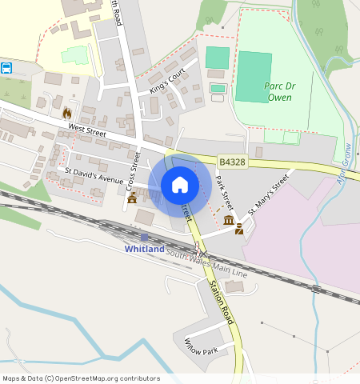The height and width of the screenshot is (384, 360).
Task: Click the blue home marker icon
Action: (180, 185)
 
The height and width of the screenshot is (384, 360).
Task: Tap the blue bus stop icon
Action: (6, 68)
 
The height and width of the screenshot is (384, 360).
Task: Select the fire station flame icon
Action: (66, 114)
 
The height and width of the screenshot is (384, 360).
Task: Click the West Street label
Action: (86, 128)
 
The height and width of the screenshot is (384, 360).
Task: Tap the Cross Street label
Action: (134, 169)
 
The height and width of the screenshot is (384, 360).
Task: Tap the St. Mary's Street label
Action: (267, 197)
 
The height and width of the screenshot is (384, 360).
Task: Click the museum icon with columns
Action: (229, 220)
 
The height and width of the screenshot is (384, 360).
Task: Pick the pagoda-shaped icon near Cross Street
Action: (132, 197)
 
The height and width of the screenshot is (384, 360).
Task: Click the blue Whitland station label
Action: (145, 249)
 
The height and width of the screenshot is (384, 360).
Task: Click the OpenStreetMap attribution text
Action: (81, 378)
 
